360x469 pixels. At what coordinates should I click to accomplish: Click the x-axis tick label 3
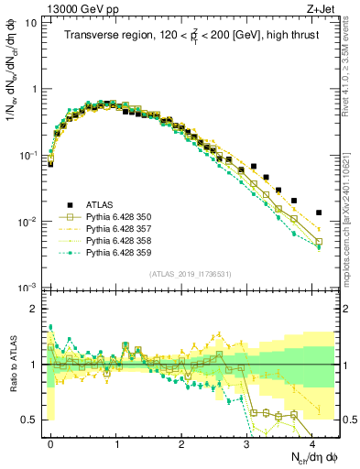(246, 442)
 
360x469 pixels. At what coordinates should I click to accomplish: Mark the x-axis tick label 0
(50, 442)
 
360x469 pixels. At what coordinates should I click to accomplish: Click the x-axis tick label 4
(312, 442)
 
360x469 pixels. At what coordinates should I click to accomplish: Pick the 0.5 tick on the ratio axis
(30, 420)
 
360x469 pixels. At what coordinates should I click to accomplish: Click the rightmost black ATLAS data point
(319, 213)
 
